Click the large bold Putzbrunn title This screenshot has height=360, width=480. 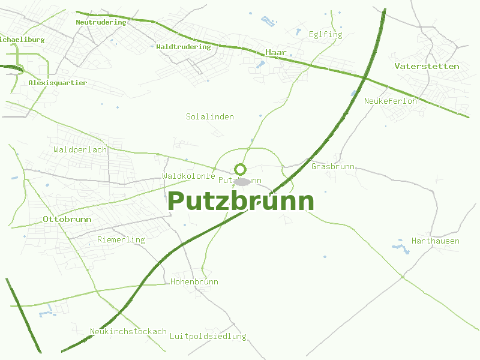241,201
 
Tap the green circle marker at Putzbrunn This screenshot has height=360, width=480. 241,170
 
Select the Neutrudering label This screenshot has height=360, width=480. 101,22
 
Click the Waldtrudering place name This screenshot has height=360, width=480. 183,47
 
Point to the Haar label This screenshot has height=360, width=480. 276,53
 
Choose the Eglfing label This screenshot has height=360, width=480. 325,34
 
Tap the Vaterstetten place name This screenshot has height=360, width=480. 427,66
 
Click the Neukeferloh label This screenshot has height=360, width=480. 390,101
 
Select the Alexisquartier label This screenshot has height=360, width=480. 58,83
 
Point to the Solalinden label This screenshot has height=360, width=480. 209,116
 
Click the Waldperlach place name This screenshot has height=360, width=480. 80,149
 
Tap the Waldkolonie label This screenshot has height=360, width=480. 188,176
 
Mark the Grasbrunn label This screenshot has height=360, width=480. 333,166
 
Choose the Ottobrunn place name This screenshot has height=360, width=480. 67,219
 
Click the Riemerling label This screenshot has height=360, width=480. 121,239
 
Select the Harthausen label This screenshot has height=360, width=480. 435,241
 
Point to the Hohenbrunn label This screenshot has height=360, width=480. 194,281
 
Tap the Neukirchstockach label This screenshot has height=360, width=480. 128,331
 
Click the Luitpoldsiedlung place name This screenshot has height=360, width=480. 208,336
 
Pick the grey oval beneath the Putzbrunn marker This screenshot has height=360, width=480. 241,181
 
